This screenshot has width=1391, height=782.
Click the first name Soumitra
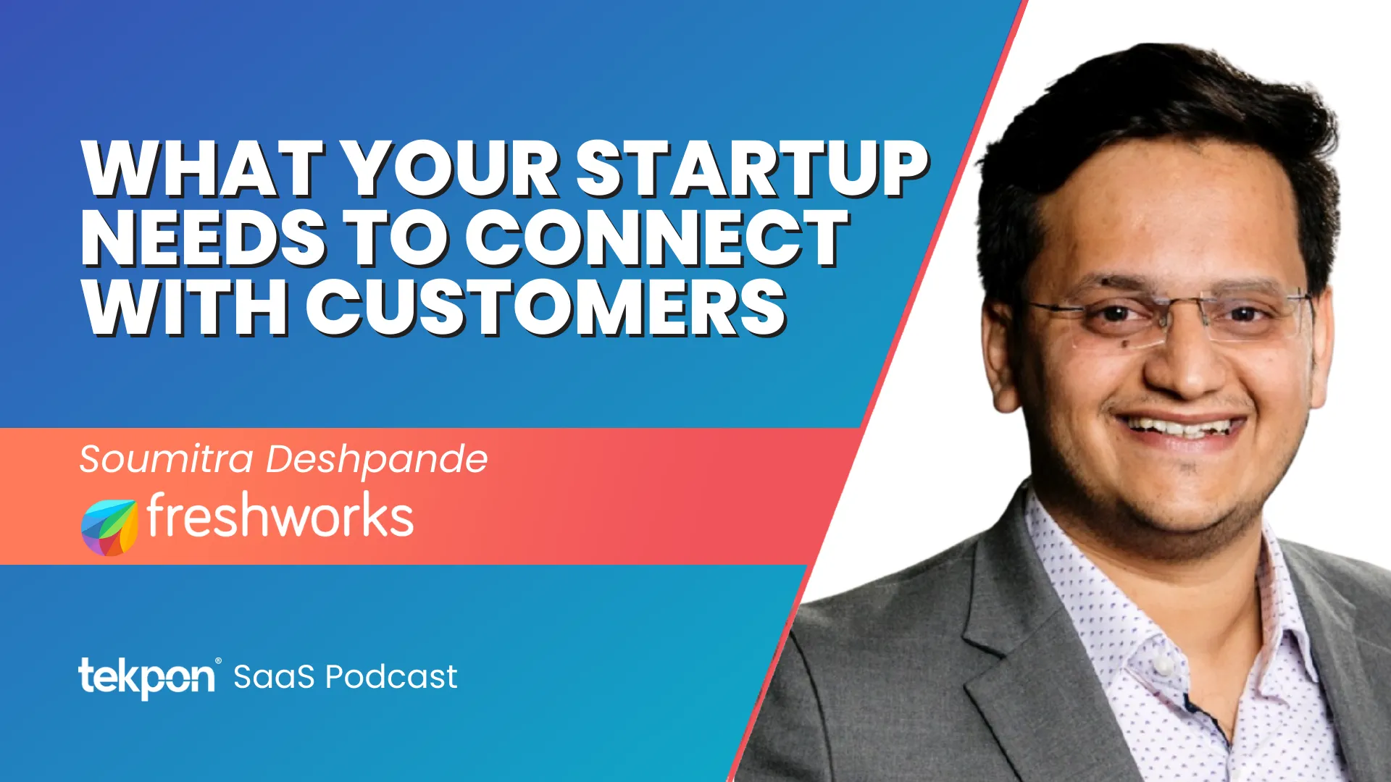pos(167,459)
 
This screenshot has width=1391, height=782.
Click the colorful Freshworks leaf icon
pos(109,527)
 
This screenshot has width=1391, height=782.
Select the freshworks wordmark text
pos(280,515)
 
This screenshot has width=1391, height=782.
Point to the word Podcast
pos(391,677)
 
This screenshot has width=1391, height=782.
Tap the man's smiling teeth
pos(1181,427)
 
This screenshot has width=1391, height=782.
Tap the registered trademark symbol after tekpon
pos(218,661)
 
